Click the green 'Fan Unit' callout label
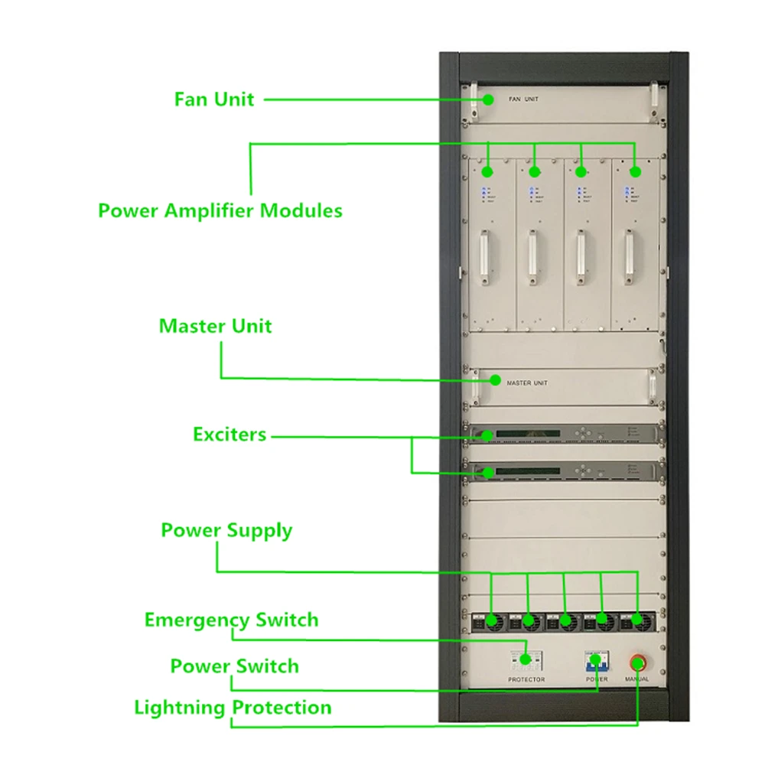click(214, 99)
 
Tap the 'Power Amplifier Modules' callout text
click(220, 210)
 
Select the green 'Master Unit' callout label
click(215, 326)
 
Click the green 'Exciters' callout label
click(229, 435)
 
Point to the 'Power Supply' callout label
click(226, 530)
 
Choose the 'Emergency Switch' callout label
click(231, 620)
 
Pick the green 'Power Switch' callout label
click(234, 666)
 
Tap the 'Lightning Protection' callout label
click(233, 708)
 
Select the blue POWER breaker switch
click(596, 660)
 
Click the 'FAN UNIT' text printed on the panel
click(523, 99)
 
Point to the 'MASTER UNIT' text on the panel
click(527, 382)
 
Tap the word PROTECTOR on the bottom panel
click(526, 679)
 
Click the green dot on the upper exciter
click(487, 436)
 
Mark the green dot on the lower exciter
click(487, 471)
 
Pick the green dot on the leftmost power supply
click(492, 620)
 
